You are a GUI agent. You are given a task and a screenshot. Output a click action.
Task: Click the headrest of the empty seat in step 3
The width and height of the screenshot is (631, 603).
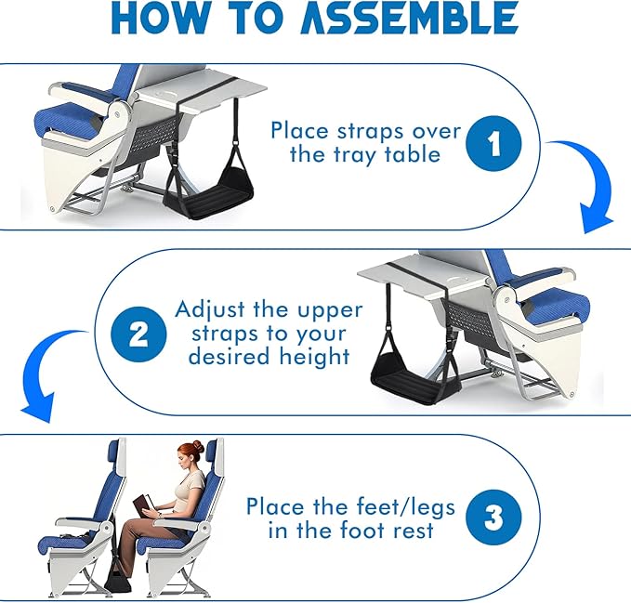click(x=114, y=456)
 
